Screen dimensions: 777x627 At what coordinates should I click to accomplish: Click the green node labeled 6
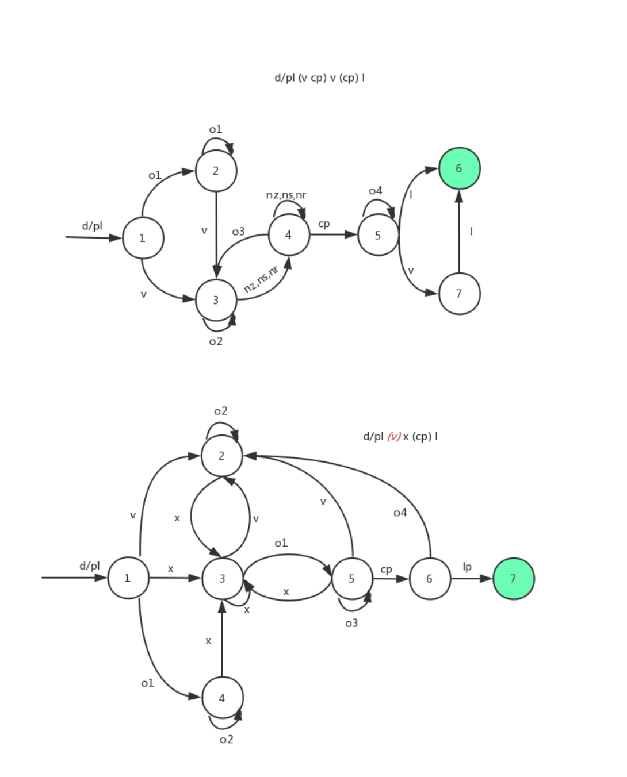coord(459,168)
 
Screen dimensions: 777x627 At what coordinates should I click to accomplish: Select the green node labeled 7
coord(513,579)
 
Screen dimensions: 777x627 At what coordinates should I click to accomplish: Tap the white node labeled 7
coord(459,294)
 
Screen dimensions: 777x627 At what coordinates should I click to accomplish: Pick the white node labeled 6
coord(430,579)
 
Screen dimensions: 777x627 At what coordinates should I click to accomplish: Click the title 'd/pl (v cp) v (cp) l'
coord(319,78)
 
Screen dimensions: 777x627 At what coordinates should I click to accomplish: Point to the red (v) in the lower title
coord(394,437)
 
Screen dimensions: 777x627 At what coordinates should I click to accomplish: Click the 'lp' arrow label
coord(467,567)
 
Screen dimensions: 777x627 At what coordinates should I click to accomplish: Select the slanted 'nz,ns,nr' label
coord(261,279)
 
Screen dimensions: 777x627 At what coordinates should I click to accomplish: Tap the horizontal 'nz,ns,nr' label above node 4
coord(286,195)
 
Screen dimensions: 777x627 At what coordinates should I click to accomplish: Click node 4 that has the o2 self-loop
coord(222,698)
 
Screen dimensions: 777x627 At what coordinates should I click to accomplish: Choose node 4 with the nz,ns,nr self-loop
coord(289,234)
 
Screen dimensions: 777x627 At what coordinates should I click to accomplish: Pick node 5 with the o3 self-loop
coord(352,579)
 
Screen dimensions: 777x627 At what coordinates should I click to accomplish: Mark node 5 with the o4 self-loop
coord(378,235)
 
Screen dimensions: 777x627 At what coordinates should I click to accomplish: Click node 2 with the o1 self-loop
coord(216,171)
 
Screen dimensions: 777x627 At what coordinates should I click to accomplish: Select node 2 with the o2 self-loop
coord(221,456)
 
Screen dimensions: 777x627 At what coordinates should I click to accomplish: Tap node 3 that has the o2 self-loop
coord(216,300)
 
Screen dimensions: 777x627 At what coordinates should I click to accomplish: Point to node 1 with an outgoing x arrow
coord(128,578)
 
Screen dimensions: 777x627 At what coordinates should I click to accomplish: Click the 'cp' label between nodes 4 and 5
coord(324,224)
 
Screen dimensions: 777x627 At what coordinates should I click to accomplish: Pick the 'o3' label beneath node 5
coord(351,623)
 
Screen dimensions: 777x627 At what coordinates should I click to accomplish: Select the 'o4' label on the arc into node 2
coord(400,513)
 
